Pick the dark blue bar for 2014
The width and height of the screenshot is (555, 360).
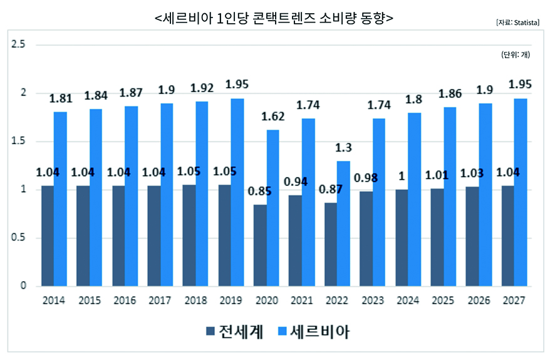coord(47,235)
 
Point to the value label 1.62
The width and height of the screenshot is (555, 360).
coord(272,116)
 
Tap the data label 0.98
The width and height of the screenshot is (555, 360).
coord(366,178)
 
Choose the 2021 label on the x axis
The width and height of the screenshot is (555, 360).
coord(301,301)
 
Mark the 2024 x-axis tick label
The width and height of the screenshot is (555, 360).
coord(407,301)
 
